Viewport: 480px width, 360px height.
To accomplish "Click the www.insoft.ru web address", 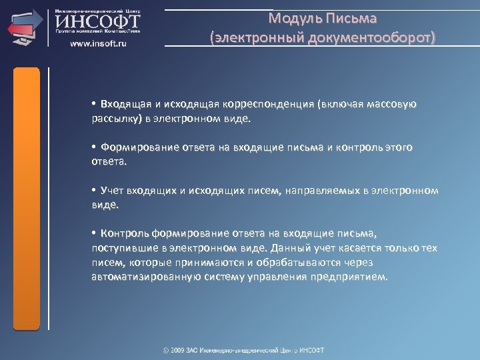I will [x=99, y=43].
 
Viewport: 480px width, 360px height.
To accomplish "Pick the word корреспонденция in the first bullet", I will [x=270, y=104].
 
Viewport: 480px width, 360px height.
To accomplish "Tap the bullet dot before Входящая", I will [x=95, y=104].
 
